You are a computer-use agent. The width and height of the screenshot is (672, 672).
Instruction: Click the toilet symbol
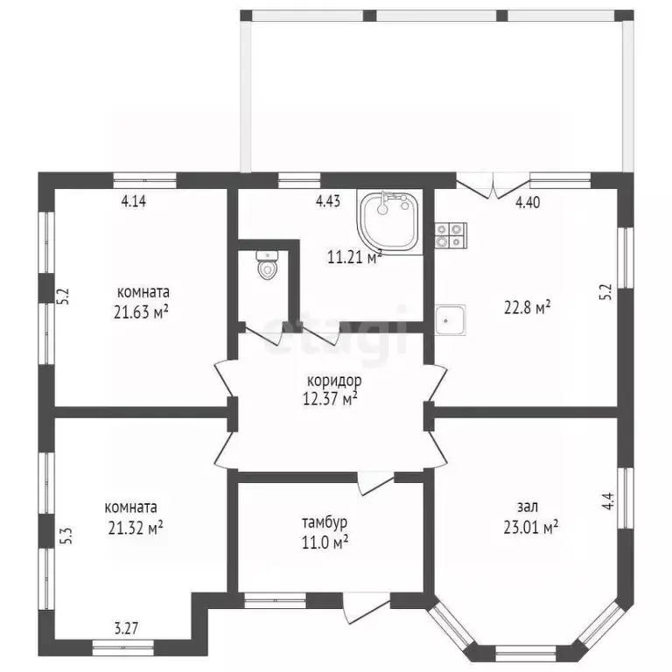pos(268,266)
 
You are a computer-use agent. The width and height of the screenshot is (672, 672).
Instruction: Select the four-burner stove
pos(451,236)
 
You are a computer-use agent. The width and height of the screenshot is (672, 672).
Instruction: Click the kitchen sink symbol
pos(451,320)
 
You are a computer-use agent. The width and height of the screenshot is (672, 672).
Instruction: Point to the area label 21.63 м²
pos(141,311)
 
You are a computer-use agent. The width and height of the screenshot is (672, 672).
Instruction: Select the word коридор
pos(334,381)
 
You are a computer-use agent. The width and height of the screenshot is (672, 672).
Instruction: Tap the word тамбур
pos(325,522)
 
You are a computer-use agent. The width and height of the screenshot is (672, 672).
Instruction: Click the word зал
pos(527,507)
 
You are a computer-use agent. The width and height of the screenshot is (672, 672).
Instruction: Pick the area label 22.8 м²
pos(527,307)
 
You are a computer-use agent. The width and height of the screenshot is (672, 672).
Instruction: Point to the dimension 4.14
pos(134,201)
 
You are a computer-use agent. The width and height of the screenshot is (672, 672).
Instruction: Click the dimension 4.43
pos(328,201)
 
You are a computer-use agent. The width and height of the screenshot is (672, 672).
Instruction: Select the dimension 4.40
pos(528,202)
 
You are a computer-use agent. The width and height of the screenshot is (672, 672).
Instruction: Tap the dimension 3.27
pos(126,628)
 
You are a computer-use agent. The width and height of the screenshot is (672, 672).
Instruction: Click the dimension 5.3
pos(68,535)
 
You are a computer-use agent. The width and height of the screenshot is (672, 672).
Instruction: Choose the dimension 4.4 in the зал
pos(608,501)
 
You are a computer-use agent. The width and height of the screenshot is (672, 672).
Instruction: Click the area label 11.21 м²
pos(354,257)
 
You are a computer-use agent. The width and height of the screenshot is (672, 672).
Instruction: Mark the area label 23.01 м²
pos(530,527)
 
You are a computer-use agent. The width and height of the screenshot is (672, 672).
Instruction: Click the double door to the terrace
pos(493,185)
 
